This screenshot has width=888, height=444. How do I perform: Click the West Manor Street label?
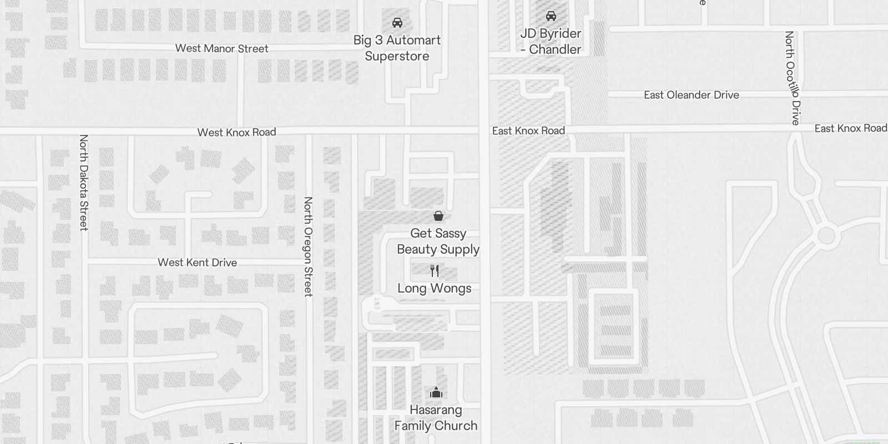tap(221, 49)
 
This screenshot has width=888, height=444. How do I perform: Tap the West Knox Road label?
tap(236, 132)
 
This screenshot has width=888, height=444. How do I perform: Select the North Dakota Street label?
tap(84, 182)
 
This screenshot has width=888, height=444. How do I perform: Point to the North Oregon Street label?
tap(308, 246)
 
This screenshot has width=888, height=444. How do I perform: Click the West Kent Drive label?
tap(197, 263)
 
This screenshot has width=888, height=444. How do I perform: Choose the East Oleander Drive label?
tap(691, 95)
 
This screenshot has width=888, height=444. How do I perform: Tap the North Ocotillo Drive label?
tap(792, 78)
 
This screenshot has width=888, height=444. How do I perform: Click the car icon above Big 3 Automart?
tap(397, 23)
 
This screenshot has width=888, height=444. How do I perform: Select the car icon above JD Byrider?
tap(551, 16)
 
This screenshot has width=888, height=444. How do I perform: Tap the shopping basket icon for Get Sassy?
tap(438, 216)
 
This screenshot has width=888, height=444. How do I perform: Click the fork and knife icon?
tap(435, 271)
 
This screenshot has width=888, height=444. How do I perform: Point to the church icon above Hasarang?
tap(436, 393)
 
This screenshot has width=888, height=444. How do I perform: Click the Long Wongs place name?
tap(435, 288)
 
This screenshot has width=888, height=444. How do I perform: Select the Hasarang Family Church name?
tap(436, 418)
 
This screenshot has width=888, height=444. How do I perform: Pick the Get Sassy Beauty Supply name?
tap(438, 241)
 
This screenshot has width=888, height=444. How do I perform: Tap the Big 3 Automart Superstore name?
tap(397, 48)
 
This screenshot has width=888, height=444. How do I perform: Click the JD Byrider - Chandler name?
tap(551, 41)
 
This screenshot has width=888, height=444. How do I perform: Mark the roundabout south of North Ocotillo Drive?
tap(826, 236)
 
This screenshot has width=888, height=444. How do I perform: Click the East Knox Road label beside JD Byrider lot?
tap(528, 131)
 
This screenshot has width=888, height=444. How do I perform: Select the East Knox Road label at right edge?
tap(850, 128)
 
